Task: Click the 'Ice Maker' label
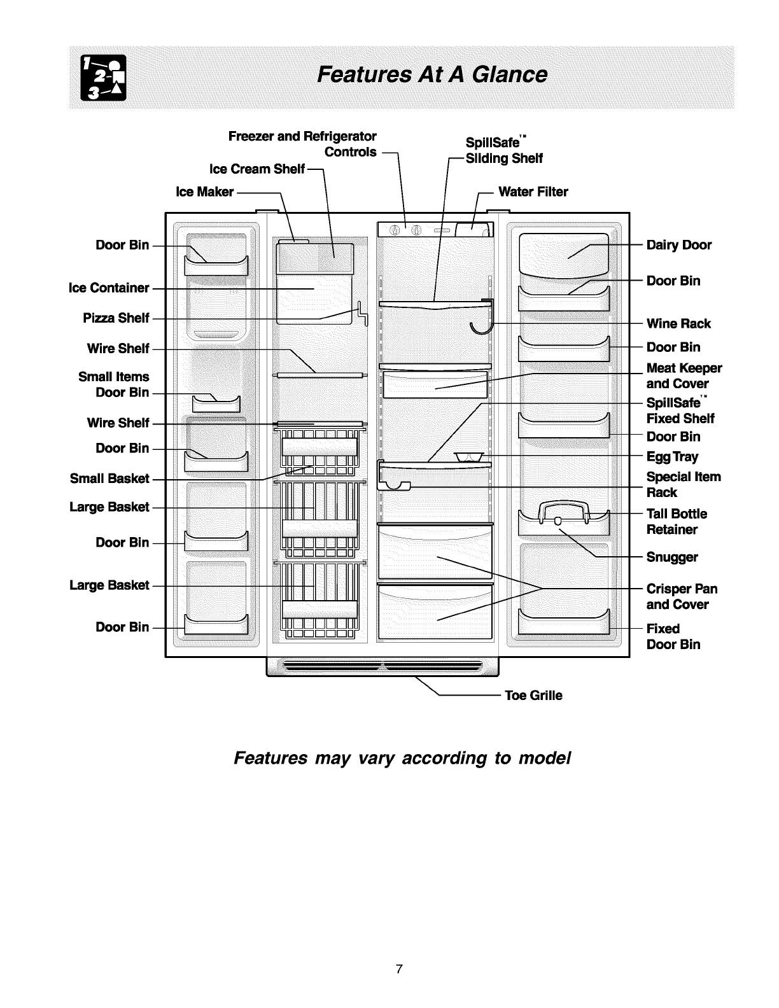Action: click(x=204, y=192)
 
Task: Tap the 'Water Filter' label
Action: click(x=533, y=192)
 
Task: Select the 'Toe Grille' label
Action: click(x=533, y=696)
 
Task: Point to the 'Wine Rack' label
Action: click(x=678, y=323)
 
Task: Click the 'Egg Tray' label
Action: click(x=672, y=456)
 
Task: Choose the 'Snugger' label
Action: click(x=672, y=557)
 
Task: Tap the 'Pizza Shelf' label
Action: click(x=116, y=318)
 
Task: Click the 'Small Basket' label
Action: click(x=109, y=479)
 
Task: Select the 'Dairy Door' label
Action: click(x=678, y=245)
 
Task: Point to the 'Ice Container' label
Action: click(x=108, y=288)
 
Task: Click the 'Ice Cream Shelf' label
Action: click(x=257, y=169)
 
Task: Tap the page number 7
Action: click(x=398, y=969)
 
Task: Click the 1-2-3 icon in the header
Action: click(x=104, y=78)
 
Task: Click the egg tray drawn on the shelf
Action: click(x=470, y=456)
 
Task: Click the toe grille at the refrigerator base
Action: click(x=382, y=667)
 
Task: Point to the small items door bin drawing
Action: click(x=216, y=403)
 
